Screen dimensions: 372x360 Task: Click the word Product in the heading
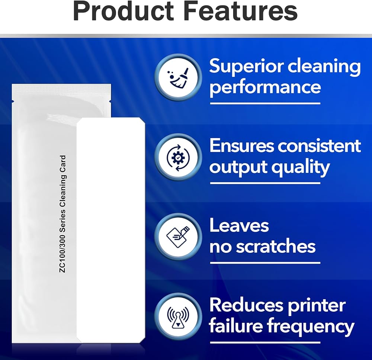click(x=124, y=11)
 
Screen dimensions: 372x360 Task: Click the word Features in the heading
click(x=241, y=11)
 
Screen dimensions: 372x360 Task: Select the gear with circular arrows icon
click(x=178, y=157)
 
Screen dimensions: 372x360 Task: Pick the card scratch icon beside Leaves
click(x=178, y=237)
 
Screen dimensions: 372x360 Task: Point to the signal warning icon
click(x=178, y=317)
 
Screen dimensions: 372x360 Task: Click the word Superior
click(x=246, y=67)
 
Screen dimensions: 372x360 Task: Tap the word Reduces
click(x=246, y=305)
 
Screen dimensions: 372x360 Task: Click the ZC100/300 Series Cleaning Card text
click(x=62, y=214)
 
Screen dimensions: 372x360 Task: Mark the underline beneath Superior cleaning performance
click(x=265, y=103)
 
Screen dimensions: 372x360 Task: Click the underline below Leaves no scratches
click(x=265, y=263)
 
